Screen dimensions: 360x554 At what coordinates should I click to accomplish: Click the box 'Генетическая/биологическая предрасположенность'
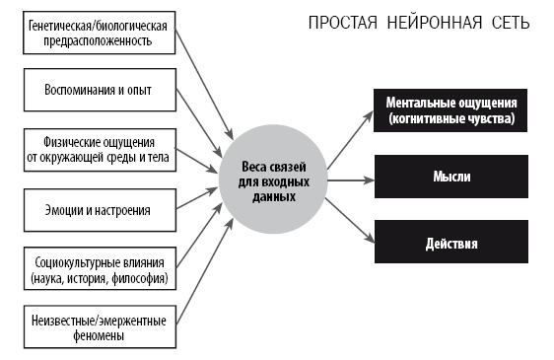pyautogui.click(x=99, y=33)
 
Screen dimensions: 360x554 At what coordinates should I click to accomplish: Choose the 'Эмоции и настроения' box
pyautogui.click(x=99, y=208)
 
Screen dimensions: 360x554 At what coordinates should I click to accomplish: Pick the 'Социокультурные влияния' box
pyautogui.click(x=99, y=270)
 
